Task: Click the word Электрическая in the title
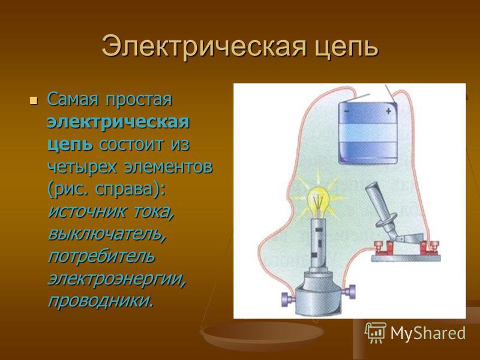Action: click(x=204, y=47)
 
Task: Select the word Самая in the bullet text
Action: click(x=73, y=99)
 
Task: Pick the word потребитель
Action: click(x=101, y=256)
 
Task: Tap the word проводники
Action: click(x=100, y=301)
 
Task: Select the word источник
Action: click(x=86, y=212)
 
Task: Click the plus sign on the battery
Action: click(x=388, y=111)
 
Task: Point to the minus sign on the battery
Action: click(x=346, y=112)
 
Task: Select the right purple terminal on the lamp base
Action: click(x=350, y=290)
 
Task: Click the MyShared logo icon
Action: click(x=375, y=332)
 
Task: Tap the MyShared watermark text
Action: click(x=428, y=333)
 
